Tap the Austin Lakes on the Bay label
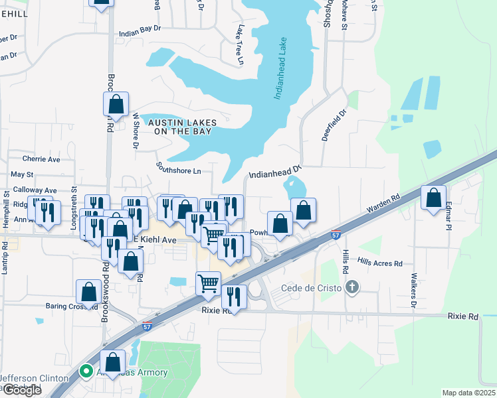click(179, 127)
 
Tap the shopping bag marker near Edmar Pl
click(434, 198)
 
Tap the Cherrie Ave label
click(41, 159)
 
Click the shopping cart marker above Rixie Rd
click(209, 283)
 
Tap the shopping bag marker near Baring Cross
click(88, 292)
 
